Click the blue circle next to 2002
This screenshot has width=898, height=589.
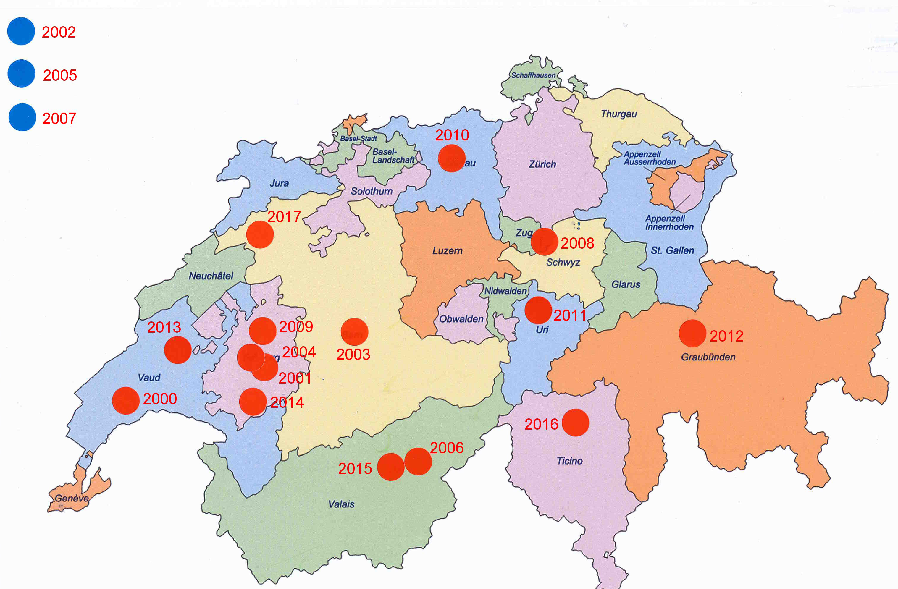pyautogui.click(x=21, y=31)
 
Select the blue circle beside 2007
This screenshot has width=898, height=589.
pyautogui.click(x=22, y=117)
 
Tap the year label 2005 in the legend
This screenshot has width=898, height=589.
pyautogui.click(x=60, y=75)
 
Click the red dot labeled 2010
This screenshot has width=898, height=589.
pyautogui.click(x=452, y=158)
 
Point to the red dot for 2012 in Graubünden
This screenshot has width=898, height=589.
pyautogui.click(x=692, y=333)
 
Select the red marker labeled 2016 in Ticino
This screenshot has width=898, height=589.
pyautogui.click(x=575, y=423)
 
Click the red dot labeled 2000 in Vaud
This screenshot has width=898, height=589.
pyautogui.click(x=126, y=400)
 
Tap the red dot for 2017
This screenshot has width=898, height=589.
pyautogui.click(x=260, y=234)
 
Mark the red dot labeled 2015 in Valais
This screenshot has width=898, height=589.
pyautogui.click(x=391, y=467)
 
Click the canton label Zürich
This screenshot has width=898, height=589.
pyautogui.click(x=542, y=164)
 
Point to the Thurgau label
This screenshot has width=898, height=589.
pyautogui.click(x=619, y=114)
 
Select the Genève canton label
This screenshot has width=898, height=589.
pyautogui.click(x=72, y=498)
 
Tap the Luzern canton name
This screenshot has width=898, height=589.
pyautogui.click(x=447, y=251)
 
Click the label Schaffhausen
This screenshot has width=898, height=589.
pyautogui.click(x=533, y=75)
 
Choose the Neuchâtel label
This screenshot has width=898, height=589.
pyautogui.click(x=211, y=276)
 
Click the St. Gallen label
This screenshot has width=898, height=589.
pyautogui.click(x=672, y=250)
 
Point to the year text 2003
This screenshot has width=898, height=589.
pyautogui.click(x=353, y=355)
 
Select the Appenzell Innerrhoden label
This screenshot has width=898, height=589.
pyautogui.click(x=669, y=222)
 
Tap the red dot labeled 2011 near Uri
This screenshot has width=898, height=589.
pyautogui.click(x=538, y=310)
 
